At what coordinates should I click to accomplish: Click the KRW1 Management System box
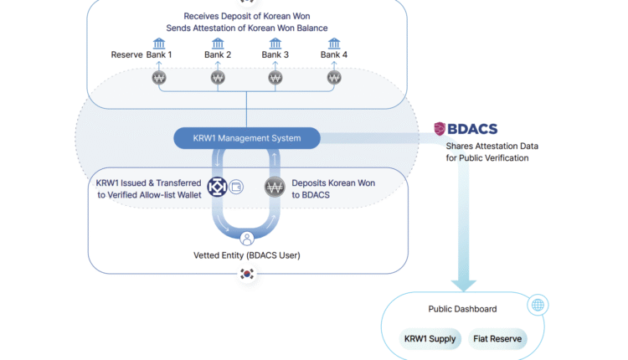(x=247, y=138)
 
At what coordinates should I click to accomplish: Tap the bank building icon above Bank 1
(x=159, y=43)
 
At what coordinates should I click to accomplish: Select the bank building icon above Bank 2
(x=218, y=43)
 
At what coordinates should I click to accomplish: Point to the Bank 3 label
(x=275, y=55)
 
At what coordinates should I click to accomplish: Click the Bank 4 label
(x=334, y=55)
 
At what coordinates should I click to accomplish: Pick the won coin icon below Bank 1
(x=159, y=79)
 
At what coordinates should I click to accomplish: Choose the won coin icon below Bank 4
(x=334, y=79)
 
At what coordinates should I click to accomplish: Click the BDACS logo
(x=466, y=129)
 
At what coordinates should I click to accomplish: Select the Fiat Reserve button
(x=498, y=339)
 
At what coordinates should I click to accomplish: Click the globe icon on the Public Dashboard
(x=538, y=306)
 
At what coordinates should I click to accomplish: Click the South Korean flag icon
(x=247, y=274)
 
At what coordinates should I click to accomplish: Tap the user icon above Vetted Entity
(x=247, y=238)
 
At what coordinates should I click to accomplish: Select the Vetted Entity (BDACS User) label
(x=247, y=255)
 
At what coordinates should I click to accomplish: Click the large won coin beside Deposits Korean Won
(x=275, y=188)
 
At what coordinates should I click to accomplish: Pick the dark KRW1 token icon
(x=218, y=188)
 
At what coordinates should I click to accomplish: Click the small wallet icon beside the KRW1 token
(x=236, y=187)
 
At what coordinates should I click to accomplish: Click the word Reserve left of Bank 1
(x=126, y=55)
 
